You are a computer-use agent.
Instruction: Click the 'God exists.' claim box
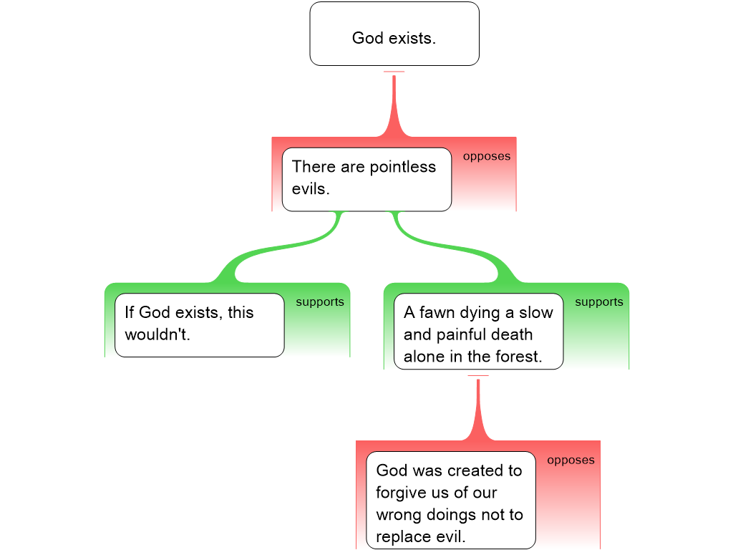click(x=394, y=34)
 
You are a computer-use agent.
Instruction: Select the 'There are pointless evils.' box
click(x=366, y=179)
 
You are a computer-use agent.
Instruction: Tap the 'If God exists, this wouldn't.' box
click(x=199, y=324)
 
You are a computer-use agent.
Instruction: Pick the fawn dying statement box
click(x=478, y=334)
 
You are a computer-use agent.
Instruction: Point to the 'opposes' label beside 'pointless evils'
click(x=487, y=156)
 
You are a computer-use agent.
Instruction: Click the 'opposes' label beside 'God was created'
click(x=571, y=460)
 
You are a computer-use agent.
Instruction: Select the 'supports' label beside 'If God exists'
click(x=320, y=301)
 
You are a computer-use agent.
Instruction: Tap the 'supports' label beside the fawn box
click(x=599, y=301)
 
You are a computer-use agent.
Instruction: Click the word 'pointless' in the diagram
click(x=402, y=167)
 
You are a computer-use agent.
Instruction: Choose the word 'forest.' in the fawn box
click(x=519, y=357)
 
